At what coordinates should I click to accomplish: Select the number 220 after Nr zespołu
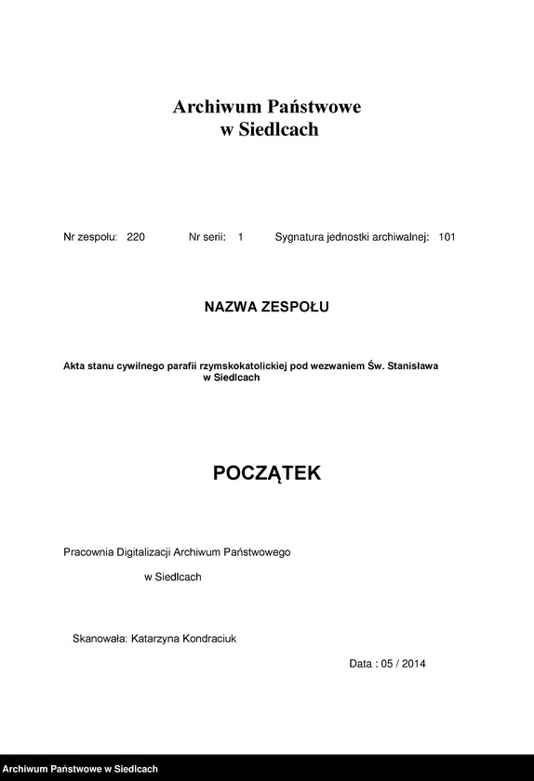(136, 238)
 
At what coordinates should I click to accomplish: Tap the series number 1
(240, 238)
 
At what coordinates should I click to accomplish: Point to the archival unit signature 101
(447, 238)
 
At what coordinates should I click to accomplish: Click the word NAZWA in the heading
(232, 306)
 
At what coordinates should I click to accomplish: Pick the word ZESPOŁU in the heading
(297, 306)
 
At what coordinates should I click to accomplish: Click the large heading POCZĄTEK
(267, 473)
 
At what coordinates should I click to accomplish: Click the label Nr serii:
(207, 238)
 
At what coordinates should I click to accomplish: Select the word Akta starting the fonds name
(74, 366)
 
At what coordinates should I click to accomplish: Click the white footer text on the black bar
(81, 769)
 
